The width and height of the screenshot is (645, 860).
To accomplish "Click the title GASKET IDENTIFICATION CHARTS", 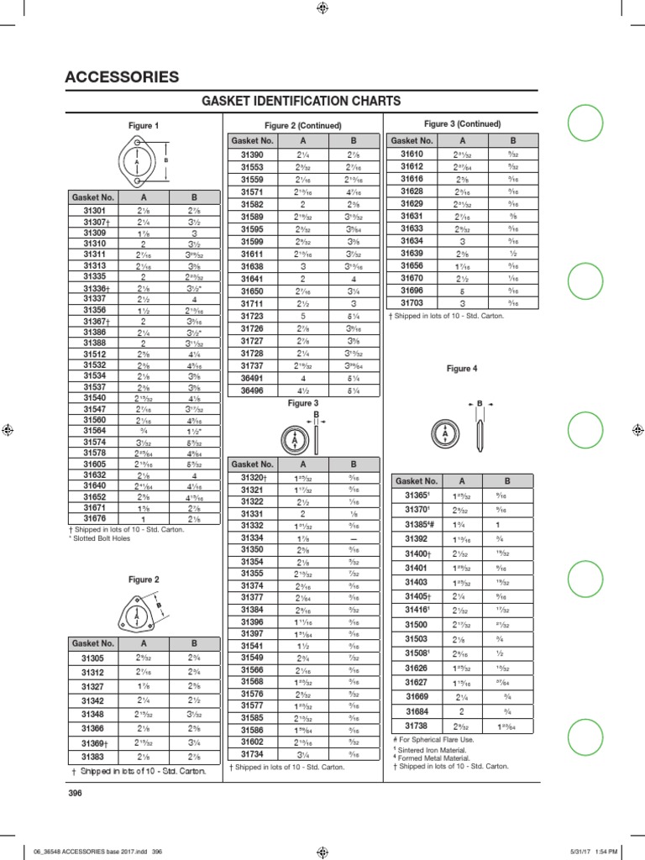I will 302,102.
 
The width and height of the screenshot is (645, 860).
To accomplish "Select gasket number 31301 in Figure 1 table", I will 95,211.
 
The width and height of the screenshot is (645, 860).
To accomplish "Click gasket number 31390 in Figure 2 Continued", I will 252,155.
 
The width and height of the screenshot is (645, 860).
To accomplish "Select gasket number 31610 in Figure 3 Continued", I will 412,155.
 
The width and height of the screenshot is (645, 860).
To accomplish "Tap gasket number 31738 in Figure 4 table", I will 417,725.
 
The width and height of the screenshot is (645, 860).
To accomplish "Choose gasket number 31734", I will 252,755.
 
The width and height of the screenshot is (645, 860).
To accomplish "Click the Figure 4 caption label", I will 462,369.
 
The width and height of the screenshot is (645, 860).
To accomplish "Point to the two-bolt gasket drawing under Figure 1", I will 143,160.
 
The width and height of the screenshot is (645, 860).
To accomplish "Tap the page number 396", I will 73,792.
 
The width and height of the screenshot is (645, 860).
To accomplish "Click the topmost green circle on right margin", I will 585,125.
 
